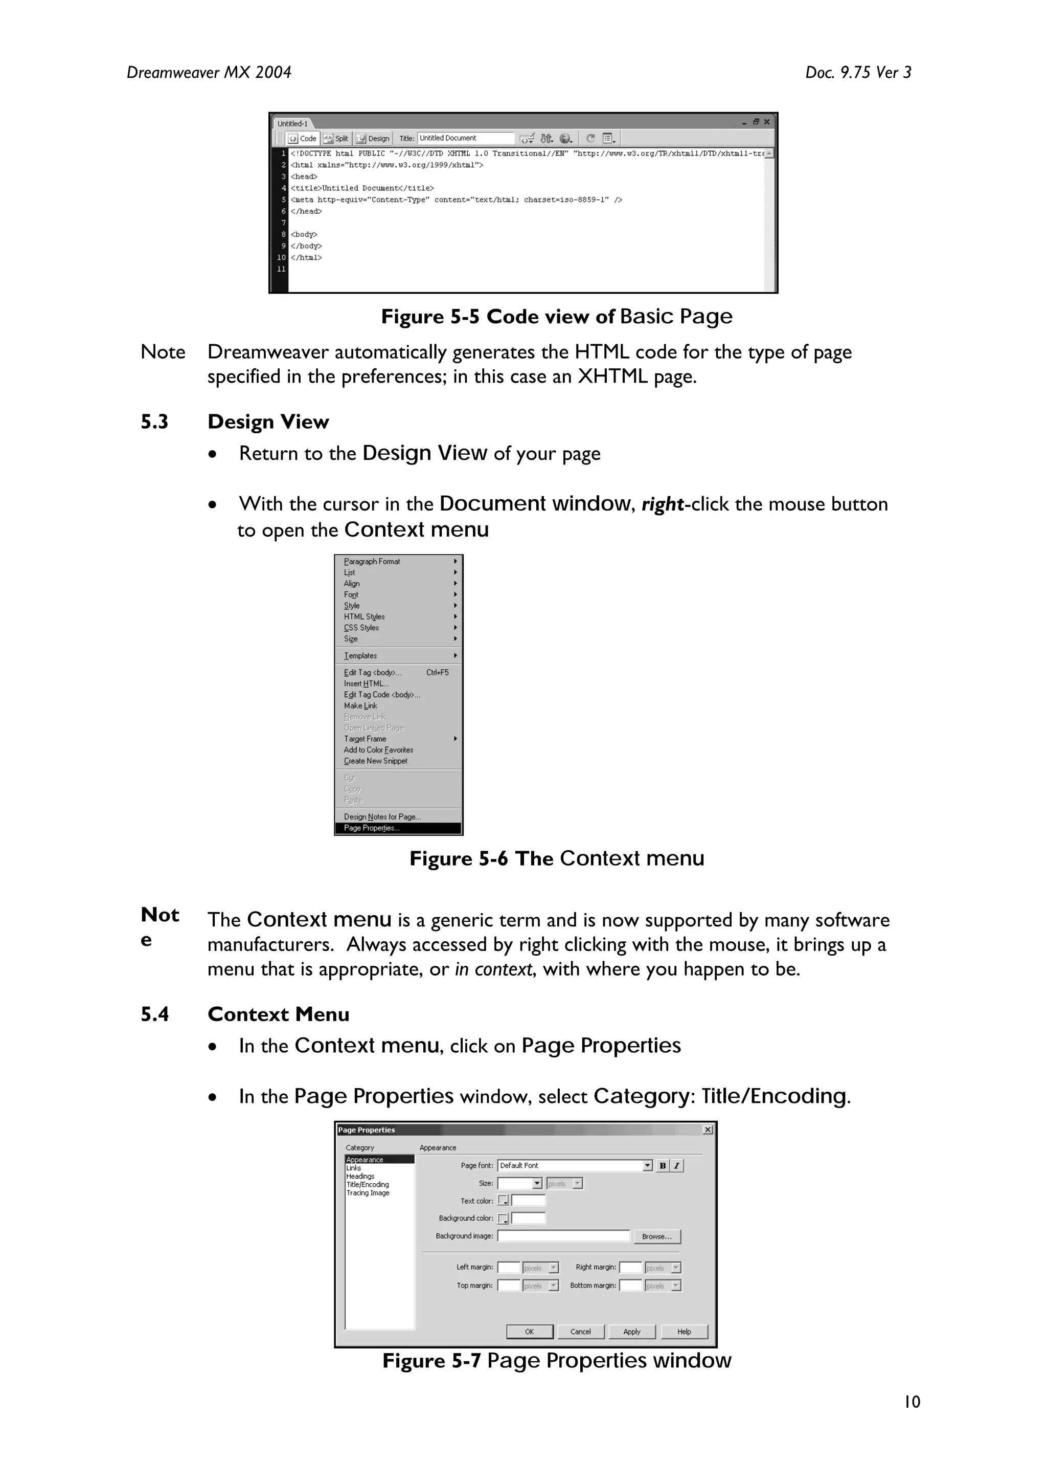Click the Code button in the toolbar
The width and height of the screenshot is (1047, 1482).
pyautogui.click(x=303, y=138)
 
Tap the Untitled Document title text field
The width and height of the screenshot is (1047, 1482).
pyautogui.click(x=465, y=138)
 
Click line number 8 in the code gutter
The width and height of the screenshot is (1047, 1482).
pyautogui.click(x=283, y=234)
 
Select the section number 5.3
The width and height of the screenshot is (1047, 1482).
pyautogui.click(x=154, y=422)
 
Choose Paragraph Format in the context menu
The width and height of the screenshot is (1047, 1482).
pyautogui.click(x=372, y=562)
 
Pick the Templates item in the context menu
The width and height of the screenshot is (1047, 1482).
pyautogui.click(x=360, y=656)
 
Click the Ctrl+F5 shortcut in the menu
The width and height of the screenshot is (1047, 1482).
pyautogui.click(x=438, y=673)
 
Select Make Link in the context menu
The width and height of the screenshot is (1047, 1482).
pyautogui.click(x=360, y=706)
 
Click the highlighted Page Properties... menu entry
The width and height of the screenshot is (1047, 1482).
pyautogui.click(x=372, y=828)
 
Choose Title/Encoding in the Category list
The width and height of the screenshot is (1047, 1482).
pyautogui.click(x=367, y=1184)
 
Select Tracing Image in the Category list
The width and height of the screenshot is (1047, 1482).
pyautogui.click(x=368, y=1193)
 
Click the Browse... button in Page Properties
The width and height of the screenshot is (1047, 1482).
pyautogui.click(x=657, y=1236)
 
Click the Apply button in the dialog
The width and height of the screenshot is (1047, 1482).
pyautogui.click(x=631, y=1332)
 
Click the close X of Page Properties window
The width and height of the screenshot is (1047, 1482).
pyautogui.click(x=708, y=1130)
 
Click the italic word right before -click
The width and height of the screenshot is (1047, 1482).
pyautogui.click(x=663, y=504)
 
